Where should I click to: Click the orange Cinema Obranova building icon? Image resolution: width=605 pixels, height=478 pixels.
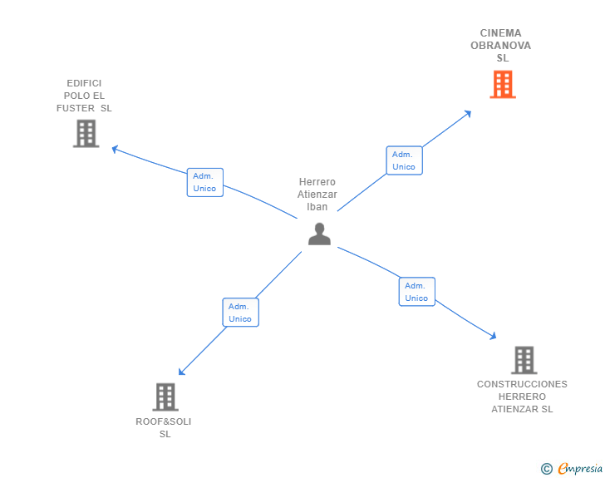click(x=502, y=84)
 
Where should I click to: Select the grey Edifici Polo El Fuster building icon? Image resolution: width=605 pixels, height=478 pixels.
click(x=86, y=133)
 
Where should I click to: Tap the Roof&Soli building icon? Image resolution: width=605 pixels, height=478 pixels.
click(x=165, y=397)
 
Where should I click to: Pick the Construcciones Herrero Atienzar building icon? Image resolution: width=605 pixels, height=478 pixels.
click(x=524, y=360)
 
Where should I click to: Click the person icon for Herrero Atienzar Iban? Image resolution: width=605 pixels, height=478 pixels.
click(x=319, y=234)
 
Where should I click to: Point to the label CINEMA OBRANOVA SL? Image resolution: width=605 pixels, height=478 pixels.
click(x=501, y=46)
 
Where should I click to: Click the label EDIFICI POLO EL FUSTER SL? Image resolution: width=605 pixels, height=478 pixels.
click(x=84, y=96)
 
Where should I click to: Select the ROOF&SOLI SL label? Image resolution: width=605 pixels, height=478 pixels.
click(x=164, y=427)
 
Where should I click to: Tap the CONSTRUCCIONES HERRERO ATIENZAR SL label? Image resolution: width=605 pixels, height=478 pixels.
click(x=522, y=397)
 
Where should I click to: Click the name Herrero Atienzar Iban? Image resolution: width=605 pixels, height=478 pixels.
click(x=317, y=195)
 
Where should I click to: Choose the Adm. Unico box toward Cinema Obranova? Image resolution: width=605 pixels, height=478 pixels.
click(x=404, y=160)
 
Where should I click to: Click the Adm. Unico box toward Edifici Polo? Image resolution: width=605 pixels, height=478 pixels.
click(x=204, y=182)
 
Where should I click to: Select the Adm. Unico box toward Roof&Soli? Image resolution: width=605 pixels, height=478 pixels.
click(x=240, y=313)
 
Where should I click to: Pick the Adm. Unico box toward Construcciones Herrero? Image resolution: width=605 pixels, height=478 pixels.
click(x=416, y=292)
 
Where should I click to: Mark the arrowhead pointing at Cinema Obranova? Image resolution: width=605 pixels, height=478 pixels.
click(x=469, y=113)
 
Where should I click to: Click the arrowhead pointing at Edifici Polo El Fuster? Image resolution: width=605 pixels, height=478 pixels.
click(x=116, y=149)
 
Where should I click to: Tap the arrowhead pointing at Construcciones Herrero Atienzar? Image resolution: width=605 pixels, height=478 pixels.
click(x=493, y=336)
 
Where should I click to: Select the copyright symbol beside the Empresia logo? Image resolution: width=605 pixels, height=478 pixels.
click(x=546, y=469)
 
